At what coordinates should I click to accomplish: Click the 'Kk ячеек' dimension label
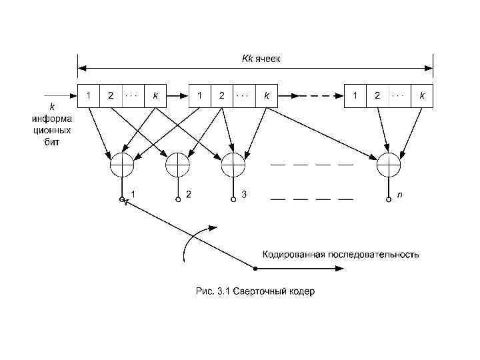click(x=261, y=58)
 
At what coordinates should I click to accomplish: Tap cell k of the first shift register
click(x=156, y=95)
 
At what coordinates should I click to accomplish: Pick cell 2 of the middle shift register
click(x=221, y=95)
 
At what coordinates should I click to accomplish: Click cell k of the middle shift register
click(x=267, y=95)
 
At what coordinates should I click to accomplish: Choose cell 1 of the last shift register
click(x=355, y=95)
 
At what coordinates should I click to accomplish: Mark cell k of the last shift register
click(x=422, y=95)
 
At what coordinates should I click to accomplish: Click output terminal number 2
click(x=177, y=199)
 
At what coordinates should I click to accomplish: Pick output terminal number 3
click(x=233, y=199)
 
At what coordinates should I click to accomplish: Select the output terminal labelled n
click(x=388, y=199)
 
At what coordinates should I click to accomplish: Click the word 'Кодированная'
click(x=293, y=254)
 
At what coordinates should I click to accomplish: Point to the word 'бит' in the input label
click(x=52, y=142)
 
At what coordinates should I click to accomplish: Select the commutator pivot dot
click(x=255, y=269)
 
